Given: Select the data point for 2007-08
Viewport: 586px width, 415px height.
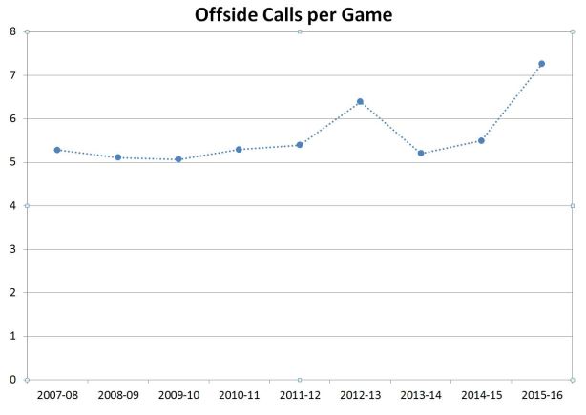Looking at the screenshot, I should point(57,150).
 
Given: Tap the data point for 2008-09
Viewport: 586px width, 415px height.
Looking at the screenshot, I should point(117,157).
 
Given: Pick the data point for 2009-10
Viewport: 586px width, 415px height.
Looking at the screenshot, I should point(178,159).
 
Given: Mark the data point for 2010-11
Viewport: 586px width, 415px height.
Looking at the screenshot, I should point(239,149).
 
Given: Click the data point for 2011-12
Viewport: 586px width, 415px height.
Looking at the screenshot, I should point(300,145).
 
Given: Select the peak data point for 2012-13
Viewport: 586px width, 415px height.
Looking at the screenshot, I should point(360,101).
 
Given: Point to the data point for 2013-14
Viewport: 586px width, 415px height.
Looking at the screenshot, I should point(421,153).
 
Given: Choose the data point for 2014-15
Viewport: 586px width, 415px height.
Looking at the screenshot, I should point(481,140).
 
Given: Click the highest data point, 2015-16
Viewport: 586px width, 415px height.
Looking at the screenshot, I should point(542,64).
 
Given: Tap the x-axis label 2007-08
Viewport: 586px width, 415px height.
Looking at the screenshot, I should point(57,394).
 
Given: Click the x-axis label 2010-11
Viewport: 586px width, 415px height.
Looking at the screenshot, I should point(239,394).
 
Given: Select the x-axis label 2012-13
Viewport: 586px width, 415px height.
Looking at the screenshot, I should point(360,394).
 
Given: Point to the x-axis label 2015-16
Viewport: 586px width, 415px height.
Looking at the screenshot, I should point(542,394).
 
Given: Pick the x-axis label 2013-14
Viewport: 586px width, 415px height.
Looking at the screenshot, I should point(421,394).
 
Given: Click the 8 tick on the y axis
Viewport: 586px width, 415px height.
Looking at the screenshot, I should point(12,31).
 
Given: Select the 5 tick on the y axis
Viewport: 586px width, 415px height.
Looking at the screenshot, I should point(12,162).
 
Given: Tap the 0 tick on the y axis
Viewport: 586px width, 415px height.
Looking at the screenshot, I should point(12,380).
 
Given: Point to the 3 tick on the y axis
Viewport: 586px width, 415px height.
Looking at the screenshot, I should point(12,249).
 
